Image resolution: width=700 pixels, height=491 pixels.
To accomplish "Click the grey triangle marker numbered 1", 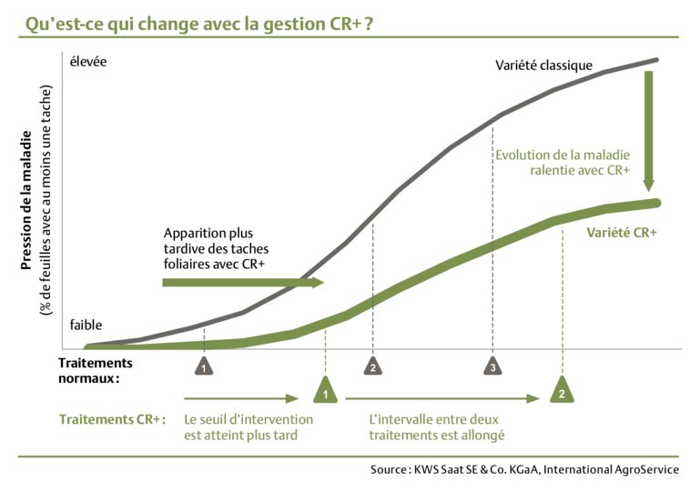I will (x=204, y=366).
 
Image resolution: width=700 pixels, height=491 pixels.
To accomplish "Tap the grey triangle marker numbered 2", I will (x=372, y=366).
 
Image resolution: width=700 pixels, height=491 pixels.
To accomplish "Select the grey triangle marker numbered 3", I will (x=492, y=366).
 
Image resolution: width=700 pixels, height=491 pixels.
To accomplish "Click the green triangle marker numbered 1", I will (x=324, y=391).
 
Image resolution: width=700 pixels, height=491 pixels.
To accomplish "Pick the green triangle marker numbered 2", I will (x=563, y=391).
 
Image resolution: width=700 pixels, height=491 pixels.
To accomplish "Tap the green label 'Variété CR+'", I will (x=621, y=232).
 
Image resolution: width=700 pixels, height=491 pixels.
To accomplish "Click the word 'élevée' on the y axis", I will (x=88, y=62).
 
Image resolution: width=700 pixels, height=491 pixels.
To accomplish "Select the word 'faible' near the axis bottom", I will (x=86, y=325).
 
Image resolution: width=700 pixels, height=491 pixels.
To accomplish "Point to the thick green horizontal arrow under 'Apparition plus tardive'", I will (x=242, y=283).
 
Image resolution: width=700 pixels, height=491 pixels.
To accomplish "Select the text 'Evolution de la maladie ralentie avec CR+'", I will (x=562, y=162).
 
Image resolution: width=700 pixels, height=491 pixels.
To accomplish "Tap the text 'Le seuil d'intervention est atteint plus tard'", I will (x=248, y=427).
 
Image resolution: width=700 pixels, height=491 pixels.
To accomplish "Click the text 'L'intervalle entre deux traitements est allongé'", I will (x=437, y=427).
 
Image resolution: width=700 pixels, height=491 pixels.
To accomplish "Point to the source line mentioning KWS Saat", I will (x=523, y=469).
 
